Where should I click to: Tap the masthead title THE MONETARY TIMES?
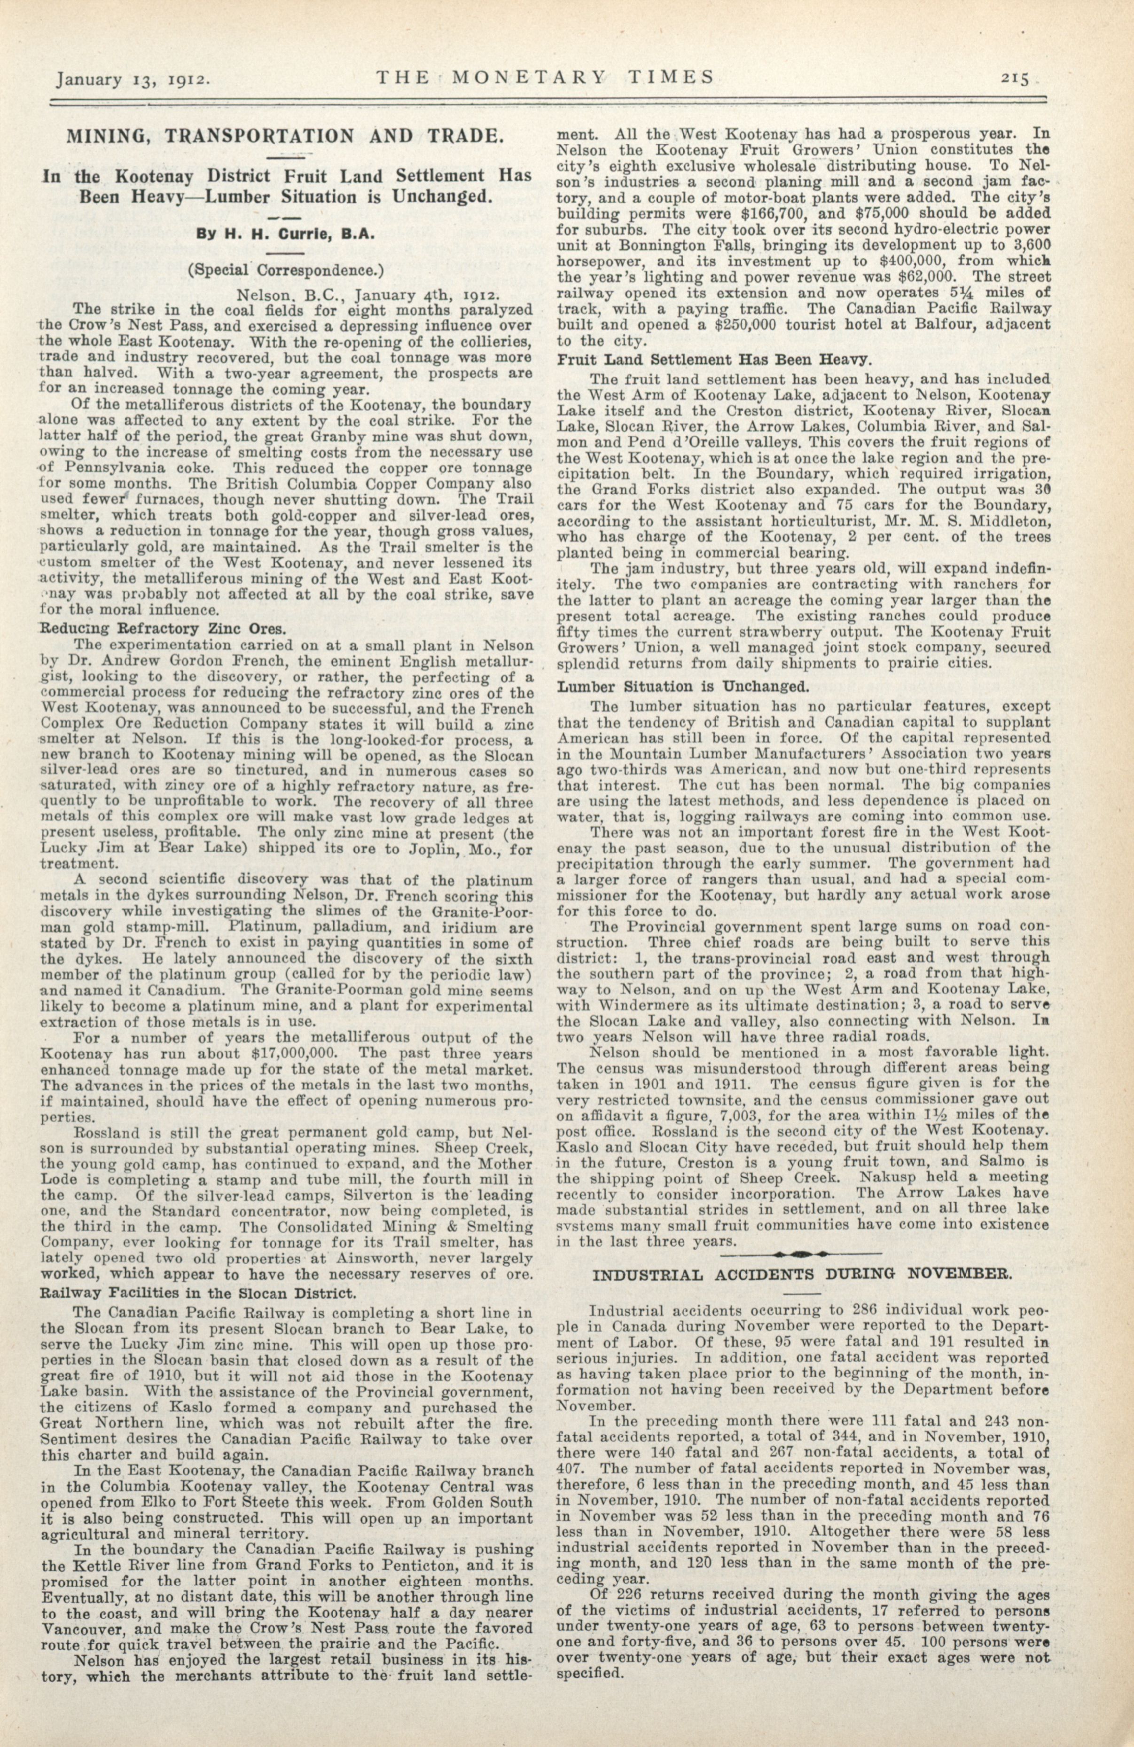point(545,76)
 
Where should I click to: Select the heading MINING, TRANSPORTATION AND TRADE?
point(286,136)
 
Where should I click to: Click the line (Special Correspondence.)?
point(286,269)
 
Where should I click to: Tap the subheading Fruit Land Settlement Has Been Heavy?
point(715,360)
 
